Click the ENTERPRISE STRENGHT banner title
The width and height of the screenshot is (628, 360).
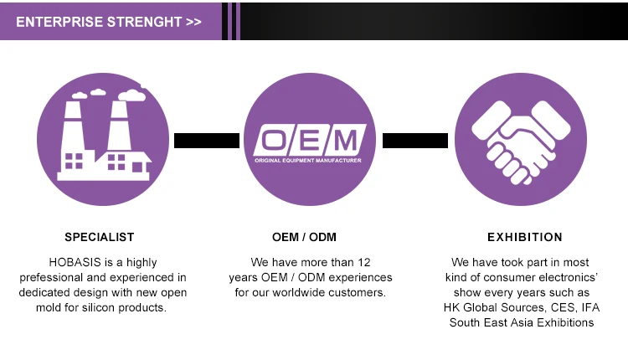click(100, 22)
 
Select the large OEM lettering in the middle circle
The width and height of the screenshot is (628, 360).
click(310, 137)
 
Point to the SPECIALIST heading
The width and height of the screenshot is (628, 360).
click(99, 237)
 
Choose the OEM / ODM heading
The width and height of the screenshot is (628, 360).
click(310, 237)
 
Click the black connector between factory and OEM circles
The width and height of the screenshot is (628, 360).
click(207, 141)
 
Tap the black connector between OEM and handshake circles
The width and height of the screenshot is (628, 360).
click(415, 141)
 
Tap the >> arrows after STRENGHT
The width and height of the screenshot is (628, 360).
click(193, 22)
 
